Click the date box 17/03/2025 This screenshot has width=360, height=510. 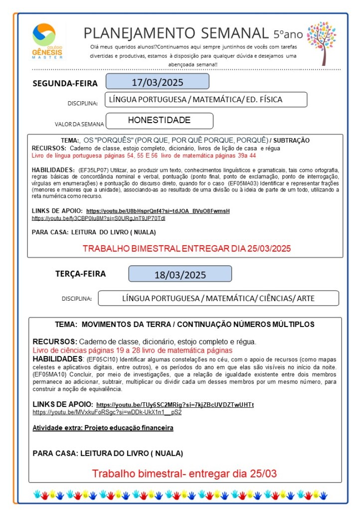[x=157, y=82]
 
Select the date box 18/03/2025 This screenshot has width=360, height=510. [x=180, y=275]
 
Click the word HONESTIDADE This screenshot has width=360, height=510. [x=159, y=120]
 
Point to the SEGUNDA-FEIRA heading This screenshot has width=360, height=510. [x=65, y=83]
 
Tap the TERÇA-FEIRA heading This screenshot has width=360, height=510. [x=80, y=274]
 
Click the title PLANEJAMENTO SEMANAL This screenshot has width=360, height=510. [x=176, y=33]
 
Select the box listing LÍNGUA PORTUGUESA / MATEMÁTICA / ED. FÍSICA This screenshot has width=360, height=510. [x=206, y=100]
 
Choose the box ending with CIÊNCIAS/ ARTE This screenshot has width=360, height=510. [x=218, y=299]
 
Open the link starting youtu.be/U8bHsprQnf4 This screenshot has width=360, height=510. [x=158, y=211]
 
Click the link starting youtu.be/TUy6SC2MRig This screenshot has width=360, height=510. [x=175, y=405]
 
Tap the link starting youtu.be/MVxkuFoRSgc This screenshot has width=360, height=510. [x=107, y=412]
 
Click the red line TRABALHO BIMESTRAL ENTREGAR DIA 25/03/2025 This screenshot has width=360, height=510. [x=186, y=248]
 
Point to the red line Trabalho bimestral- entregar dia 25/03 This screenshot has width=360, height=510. [x=184, y=473]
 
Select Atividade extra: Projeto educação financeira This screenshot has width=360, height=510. [x=103, y=428]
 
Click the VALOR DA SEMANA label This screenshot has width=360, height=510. [x=79, y=124]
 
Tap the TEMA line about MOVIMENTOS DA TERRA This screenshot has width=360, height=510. [x=184, y=324]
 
